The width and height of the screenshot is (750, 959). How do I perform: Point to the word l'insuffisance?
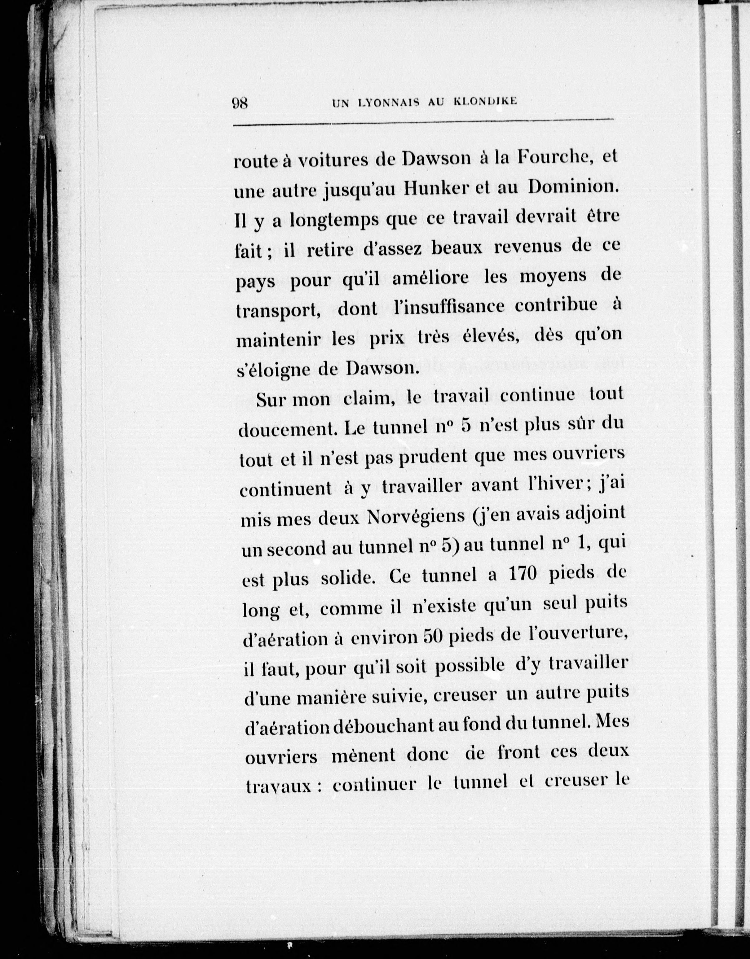(x=448, y=307)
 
